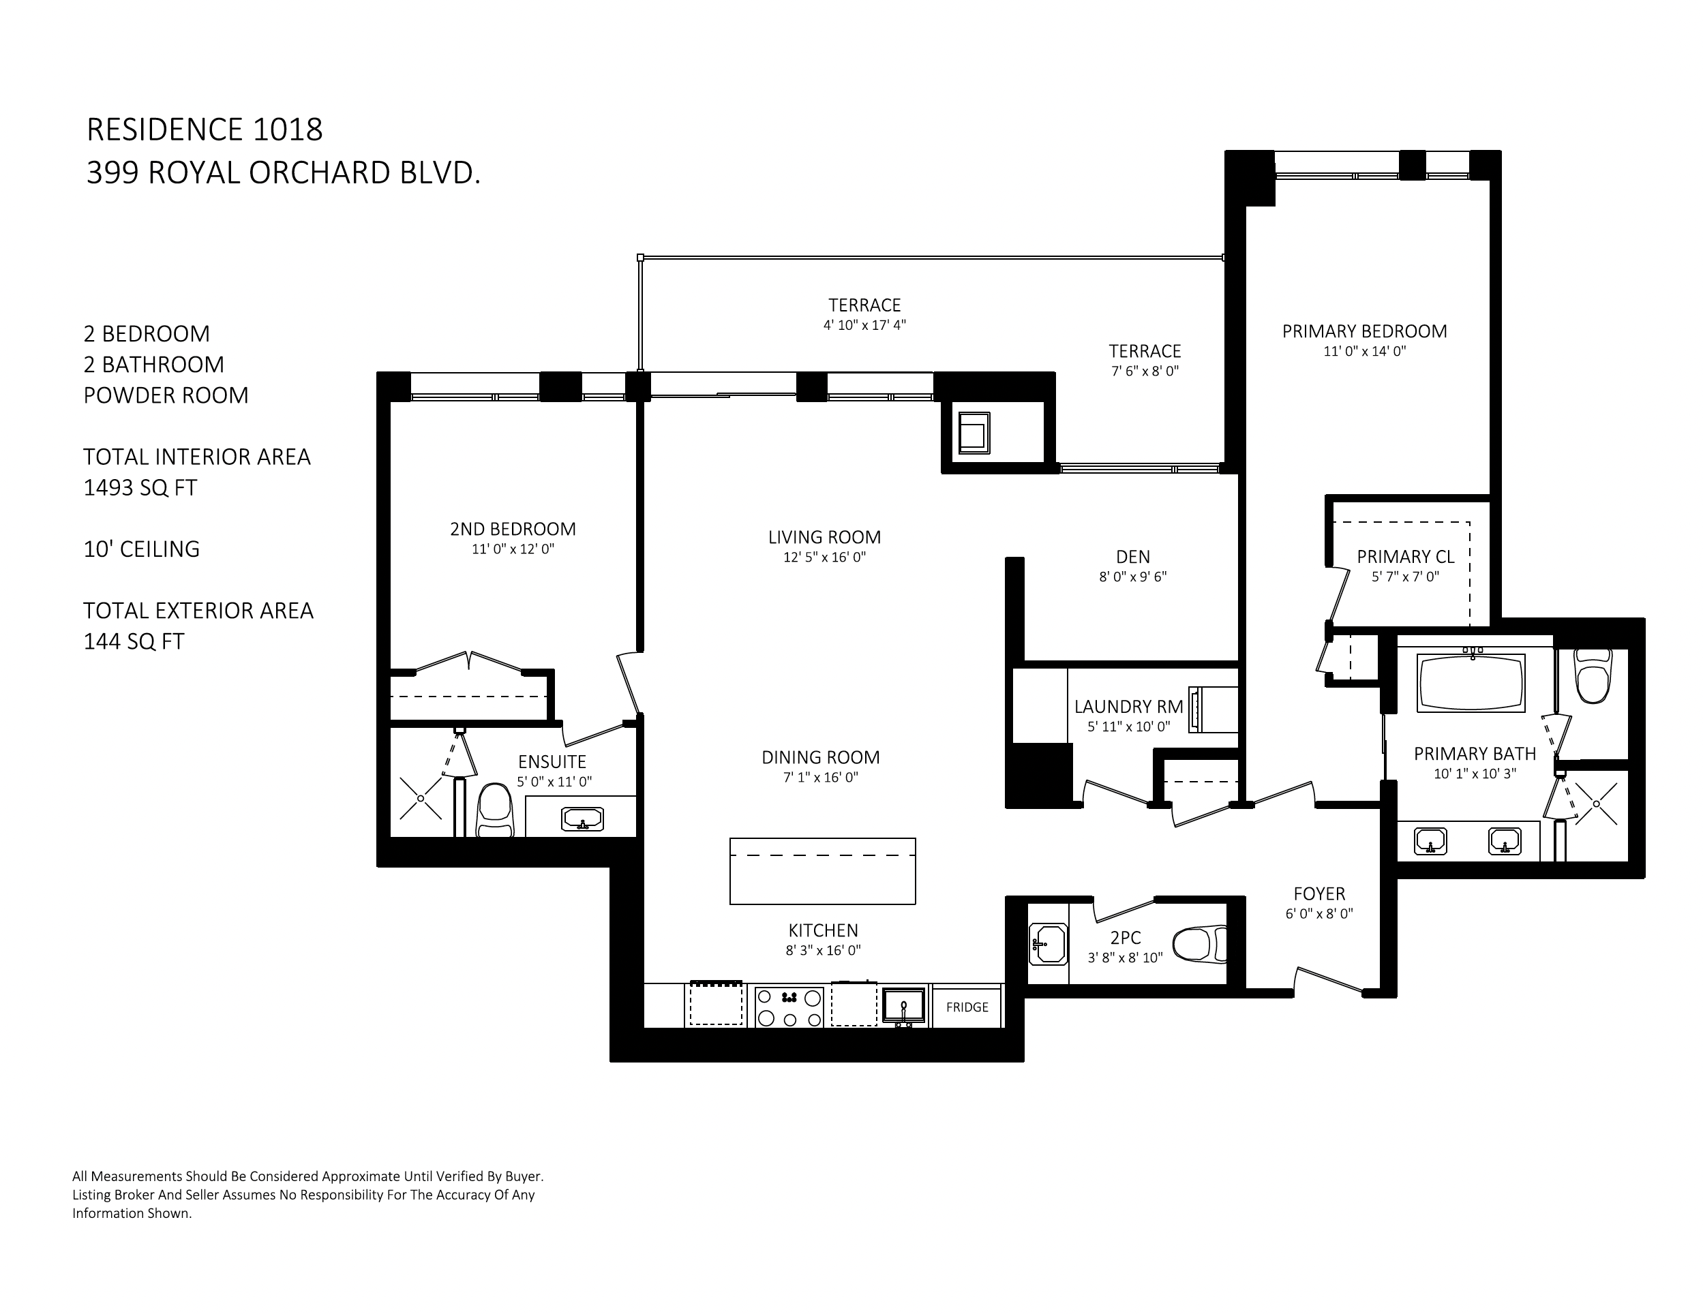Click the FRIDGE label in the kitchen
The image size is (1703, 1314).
coord(967,1007)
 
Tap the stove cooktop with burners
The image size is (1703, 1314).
coord(789,1007)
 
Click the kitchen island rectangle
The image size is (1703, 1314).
coord(823,870)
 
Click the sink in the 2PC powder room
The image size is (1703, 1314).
coord(1048,945)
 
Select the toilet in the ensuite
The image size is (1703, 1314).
coord(494,810)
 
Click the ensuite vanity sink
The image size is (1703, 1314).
coord(582,819)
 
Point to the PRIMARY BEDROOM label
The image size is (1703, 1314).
coord(1365,331)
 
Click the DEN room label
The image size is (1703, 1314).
coord(1133,556)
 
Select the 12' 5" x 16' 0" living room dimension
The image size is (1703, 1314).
coord(824,557)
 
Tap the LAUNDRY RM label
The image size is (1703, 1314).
coord(1128,706)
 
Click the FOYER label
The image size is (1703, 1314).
coord(1319,893)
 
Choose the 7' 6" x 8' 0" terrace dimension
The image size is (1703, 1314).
coord(1145,371)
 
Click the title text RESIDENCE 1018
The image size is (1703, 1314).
coord(205,129)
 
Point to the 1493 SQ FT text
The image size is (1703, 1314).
coord(140,488)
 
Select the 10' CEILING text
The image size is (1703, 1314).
coord(141,549)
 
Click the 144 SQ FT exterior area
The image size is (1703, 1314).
coord(134,641)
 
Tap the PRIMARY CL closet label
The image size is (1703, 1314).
coord(1405,556)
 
